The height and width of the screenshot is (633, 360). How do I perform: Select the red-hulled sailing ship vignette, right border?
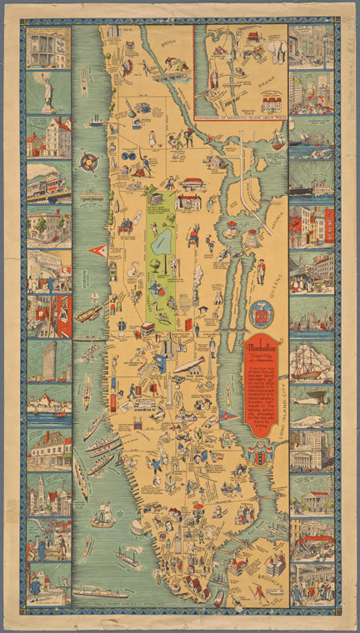pyautogui.click(x=311, y=361)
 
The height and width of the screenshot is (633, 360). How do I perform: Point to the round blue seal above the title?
pyautogui.click(x=261, y=314)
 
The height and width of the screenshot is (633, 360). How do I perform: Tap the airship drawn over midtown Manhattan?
pyautogui.click(x=187, y=365)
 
